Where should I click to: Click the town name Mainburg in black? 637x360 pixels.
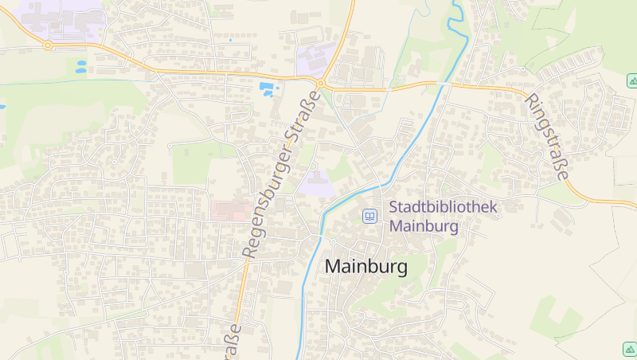tap(365, 267)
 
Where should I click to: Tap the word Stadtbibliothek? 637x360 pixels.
tap(443, 207)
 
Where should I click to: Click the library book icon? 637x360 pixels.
tap(369, 216)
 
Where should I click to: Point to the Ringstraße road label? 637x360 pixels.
tap(547, 137)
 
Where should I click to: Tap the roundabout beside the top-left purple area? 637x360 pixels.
tap(48, 45)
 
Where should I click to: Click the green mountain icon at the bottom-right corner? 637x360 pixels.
tap(628, 348)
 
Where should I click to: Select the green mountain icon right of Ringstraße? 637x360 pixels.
tap(632, 80)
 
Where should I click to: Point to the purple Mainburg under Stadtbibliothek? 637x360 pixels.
tap(424, 226)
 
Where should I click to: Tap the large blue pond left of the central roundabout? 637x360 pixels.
tap(268, 87)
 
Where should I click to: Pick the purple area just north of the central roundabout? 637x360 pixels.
tap(315, 60)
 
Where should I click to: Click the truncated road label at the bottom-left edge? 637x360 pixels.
tap(233, 338)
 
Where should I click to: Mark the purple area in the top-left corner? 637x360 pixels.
tap(64, 19)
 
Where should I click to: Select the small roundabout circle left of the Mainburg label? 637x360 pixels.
tap(332, 241)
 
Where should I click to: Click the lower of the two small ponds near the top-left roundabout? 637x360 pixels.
tap(81, 71)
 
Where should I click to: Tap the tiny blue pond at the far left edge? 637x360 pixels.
tap(2, 106)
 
